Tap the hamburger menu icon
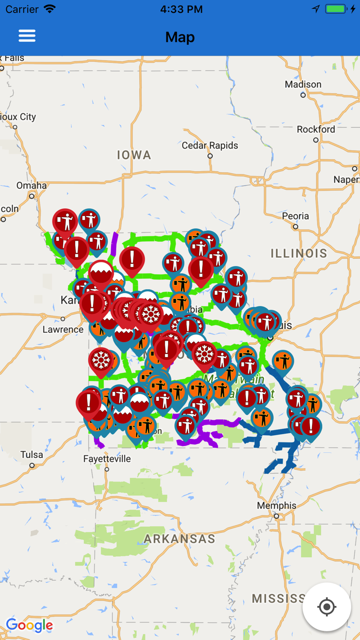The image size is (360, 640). (x=27, y=35)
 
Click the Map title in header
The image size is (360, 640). (x=180, y=37)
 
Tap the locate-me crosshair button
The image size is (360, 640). (x=327, y=607)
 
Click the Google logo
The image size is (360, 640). (x=29, y=625)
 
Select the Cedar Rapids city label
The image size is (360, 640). (x=210, y=146)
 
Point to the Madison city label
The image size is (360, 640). (x=303, y=84)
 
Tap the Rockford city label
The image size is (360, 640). (x=316, y=129)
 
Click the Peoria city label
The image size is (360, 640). (x=295, y=216)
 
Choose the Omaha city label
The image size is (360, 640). (x=31, y=186)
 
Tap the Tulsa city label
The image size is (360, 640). (x=32, y=455)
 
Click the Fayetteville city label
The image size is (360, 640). (x=107, y=458)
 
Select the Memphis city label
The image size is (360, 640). (x=277, y=506)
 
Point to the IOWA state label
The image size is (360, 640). (x=134, y=155)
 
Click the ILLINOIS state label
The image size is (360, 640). (x=299, y=253)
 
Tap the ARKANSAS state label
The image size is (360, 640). (x=179, y=539)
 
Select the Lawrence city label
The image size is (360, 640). (x=63, y=329)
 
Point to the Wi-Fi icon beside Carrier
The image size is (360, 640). (x=49, y=9)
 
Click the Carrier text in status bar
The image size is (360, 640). (x=22, y=9)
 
